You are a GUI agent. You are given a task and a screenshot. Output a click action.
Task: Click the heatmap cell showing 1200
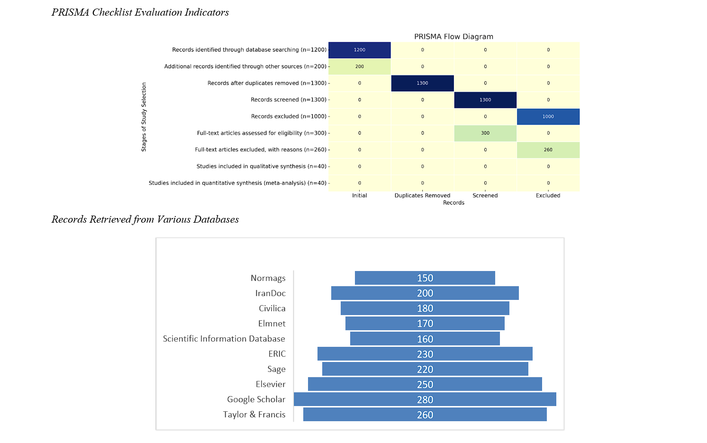click(360, 50)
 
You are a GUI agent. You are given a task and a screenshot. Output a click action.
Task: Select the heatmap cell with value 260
click(548, 150)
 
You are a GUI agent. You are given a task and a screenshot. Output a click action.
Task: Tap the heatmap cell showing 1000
click(548, 117)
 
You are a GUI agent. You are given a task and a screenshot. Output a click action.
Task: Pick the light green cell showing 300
click(485, 133)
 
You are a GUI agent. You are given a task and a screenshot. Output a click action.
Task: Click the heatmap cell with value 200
click(360, 66)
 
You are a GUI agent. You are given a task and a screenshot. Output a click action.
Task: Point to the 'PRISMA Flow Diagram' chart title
click(453, 36)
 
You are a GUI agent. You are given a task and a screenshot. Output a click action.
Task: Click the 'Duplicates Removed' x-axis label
click(422, 196)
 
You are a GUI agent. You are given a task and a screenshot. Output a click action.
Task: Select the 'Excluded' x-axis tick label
click(548, 196)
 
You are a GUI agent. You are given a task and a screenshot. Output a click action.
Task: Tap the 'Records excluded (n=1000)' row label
click(289, 117)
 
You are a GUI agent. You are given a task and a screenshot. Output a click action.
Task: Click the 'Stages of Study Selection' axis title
click(144, 117)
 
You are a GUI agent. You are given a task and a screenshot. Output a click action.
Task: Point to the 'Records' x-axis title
click(453, 203)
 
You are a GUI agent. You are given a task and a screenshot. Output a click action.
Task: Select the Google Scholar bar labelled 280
click(425, 399)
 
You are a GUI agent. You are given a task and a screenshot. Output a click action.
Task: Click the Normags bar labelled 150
click(425, 278)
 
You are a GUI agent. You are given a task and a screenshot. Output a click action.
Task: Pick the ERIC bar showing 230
click(425, 354)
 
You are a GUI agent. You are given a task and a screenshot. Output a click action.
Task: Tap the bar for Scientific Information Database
click(425, 339)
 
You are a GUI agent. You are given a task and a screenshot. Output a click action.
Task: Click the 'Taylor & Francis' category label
click(254, 415)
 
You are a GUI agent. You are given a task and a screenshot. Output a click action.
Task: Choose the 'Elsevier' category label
click(271, 384)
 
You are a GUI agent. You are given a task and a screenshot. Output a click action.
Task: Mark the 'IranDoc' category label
click(270, 293)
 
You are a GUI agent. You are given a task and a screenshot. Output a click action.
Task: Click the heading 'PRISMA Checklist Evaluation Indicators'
click(140, 13)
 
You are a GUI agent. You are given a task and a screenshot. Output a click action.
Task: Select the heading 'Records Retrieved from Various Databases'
click(145, 219)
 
